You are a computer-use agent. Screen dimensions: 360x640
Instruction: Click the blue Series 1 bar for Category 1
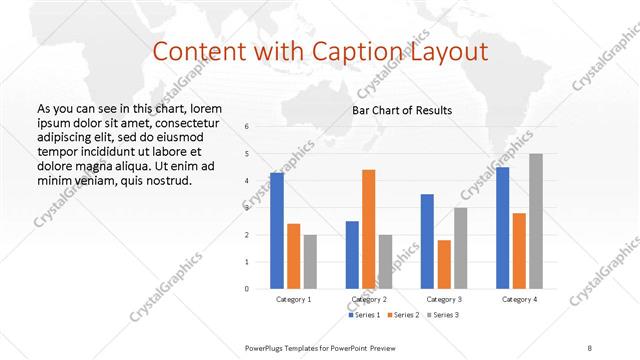point(277,230)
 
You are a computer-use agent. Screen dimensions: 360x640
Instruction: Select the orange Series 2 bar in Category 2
point(368,228)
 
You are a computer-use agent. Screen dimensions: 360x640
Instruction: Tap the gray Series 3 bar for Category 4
point(536,220)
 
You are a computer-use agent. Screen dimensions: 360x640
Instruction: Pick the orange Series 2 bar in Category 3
point(444,264)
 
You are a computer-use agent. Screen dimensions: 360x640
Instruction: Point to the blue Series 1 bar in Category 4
point(503,227)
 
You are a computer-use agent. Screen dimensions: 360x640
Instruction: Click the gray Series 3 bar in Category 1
point(310,261)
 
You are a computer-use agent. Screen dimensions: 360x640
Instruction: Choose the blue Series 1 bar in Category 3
point(427,240)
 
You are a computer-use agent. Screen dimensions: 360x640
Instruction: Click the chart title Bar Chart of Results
point(402,110)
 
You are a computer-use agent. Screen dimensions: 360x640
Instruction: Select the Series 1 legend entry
point(364,316)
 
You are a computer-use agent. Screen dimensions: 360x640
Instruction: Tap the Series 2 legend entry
point(403,316)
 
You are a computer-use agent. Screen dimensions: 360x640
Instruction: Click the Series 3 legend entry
point(443,316)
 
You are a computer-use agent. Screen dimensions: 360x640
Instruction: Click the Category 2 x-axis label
point(370,299)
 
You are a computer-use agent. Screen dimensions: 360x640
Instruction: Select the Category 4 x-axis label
point(519,299)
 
